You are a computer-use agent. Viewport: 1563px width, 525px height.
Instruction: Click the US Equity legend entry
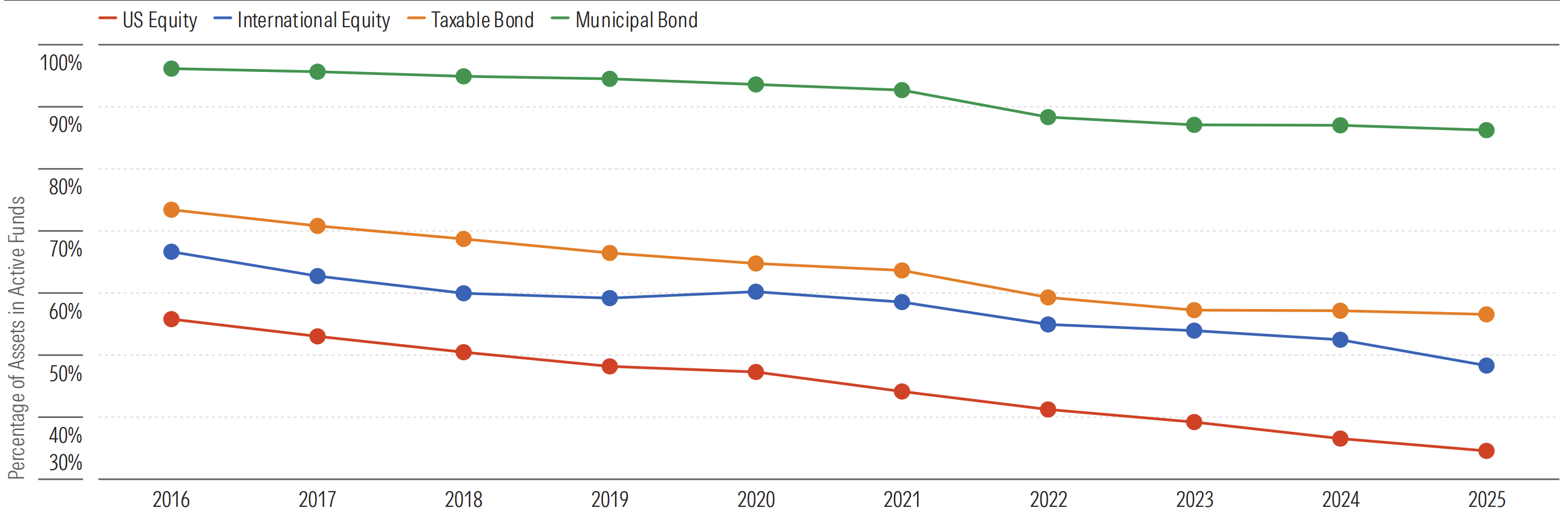[x=148, y=20]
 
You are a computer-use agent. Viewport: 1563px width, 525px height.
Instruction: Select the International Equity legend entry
[x=302, y=20]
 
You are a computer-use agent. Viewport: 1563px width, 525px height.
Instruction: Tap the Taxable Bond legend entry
[x=471, y=20]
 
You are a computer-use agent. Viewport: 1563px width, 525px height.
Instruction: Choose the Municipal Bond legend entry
[x=624, y=20]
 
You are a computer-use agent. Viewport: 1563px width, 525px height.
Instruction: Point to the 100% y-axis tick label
[x=60, y=62]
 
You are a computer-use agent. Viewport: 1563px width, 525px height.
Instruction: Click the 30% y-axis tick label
[x=65, y=463]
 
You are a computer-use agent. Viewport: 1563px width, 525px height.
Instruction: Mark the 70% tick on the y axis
[x=65, y=249]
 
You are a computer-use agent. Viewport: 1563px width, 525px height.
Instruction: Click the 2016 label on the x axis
[x=171, y=500]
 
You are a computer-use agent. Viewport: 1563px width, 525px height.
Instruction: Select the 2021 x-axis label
[x=902, y=500]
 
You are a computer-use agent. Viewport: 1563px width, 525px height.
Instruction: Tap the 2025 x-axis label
[x=1487, y=500]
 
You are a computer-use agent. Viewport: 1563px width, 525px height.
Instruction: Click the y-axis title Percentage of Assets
[x=17, y=337]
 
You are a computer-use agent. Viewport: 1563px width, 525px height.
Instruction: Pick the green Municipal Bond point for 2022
[x=1048, y=117]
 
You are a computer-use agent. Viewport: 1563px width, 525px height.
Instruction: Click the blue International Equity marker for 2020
[x=755, y=292]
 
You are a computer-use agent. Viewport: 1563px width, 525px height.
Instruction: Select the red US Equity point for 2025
[x=1486, y=451]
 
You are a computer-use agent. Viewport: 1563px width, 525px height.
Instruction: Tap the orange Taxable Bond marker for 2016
[x=171, y=210]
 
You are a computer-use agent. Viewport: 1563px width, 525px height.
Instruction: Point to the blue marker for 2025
[x=1486, y=366]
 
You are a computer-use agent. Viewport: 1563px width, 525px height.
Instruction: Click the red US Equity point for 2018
[x=463, y=353]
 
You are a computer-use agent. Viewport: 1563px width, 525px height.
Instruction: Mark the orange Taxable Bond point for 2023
[x=1194, y=310]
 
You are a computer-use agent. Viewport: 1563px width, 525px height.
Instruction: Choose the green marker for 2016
[x=171, y=68]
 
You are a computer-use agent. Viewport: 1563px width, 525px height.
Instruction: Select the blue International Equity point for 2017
[x=318, y=276]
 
